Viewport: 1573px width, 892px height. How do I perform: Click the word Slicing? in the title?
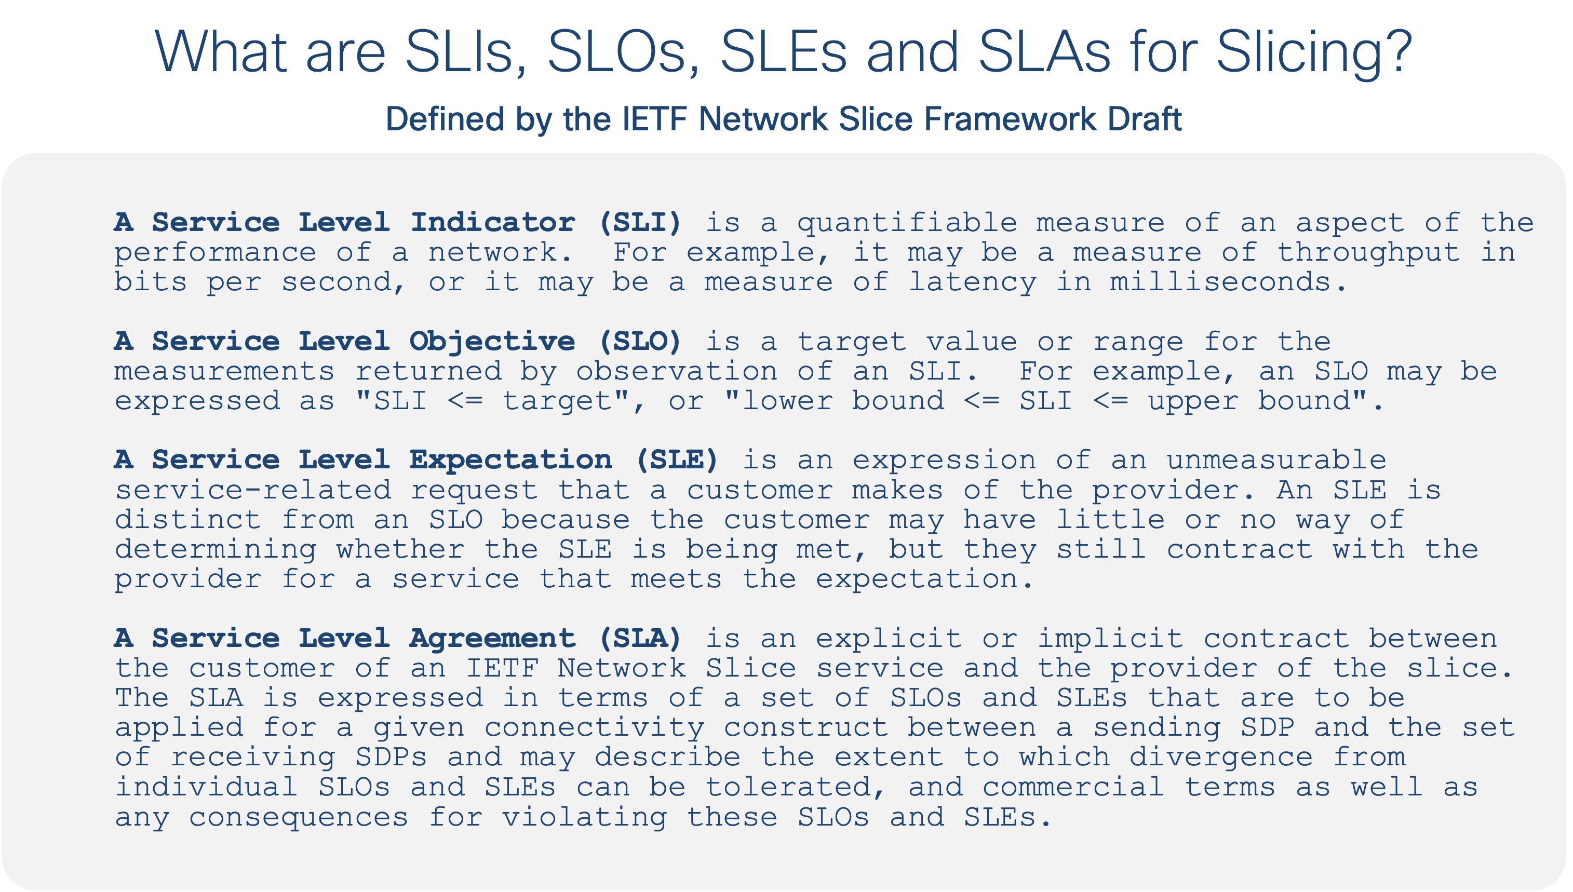[x=1314, y=52]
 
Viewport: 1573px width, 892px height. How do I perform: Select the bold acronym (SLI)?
[x=640, y=222]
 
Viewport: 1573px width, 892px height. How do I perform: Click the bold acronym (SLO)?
[x=640, y=341]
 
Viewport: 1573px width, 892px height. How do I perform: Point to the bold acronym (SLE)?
[x=677, y=460]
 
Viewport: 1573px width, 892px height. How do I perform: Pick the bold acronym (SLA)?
[x=640, y=639]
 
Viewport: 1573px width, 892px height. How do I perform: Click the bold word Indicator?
[x=493, y=222]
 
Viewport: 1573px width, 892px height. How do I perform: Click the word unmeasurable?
[x=1276, y=460]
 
